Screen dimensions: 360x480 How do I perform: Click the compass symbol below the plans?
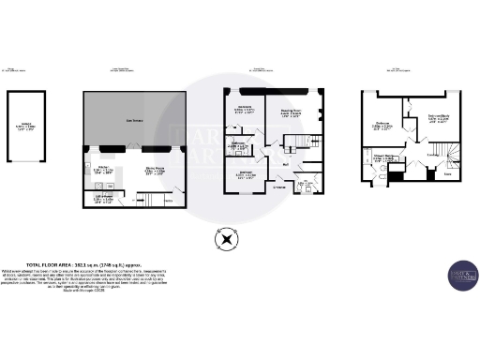[x=226, y=241]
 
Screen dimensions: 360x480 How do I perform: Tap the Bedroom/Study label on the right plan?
[x=439, y=119]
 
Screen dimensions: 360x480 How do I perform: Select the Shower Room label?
[x=383, y=159]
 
